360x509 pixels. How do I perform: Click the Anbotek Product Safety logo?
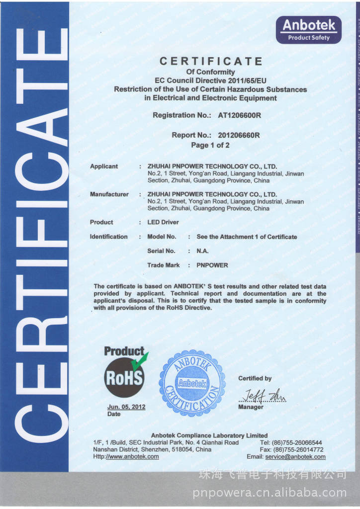[x=309, y=30]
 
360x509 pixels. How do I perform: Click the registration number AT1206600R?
[x=240, y=115]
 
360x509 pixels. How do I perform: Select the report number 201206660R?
[x=239, y=135]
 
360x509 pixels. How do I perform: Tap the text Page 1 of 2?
[x=210, y=146]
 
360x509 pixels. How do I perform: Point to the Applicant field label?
[x=104, y=167]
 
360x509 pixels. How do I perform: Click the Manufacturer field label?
[x=109, y=194]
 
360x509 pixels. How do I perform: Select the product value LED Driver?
[x=163, y=222]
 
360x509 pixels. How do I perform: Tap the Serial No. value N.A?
[x=202, y=251]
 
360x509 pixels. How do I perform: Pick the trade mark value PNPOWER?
[x=212, y=265]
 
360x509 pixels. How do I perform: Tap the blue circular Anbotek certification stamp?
[x=192, y=383]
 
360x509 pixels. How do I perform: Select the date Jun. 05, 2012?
[x=126, y=407]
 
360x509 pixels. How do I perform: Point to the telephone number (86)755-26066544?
[x=298, y=442]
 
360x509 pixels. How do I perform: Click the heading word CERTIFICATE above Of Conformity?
[x=210, y=62]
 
